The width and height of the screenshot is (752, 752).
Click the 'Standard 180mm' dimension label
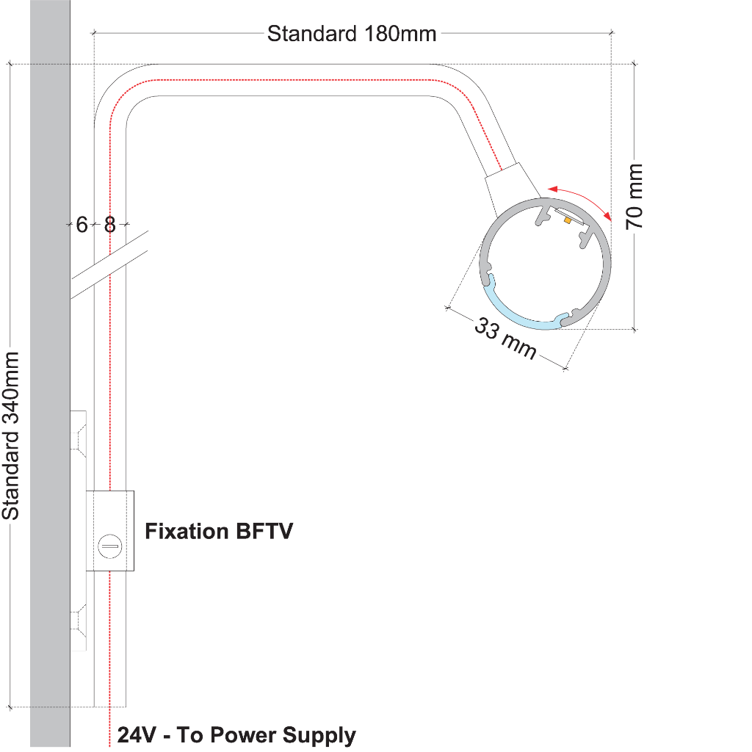click(x=352, y=34)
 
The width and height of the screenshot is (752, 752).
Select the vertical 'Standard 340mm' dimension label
click(x=11, y=435)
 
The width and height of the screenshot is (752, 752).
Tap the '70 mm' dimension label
click(x=634, y=196)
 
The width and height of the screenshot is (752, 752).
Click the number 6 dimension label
click(x=82, y=225)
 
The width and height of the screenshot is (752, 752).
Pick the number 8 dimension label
click(x=110, y=225)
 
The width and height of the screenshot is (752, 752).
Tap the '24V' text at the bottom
click(x=137, y=735)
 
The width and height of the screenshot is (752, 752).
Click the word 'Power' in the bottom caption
click(x=243, y=735)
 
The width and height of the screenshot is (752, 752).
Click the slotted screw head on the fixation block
click(x=109, y=545)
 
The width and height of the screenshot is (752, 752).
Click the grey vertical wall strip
click(x=50, y=367)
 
